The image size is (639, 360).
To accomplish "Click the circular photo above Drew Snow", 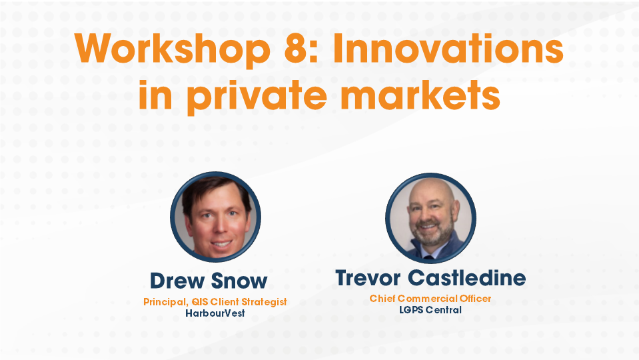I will tap(215, 217).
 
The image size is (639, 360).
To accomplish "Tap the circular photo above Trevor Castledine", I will tap(430, 217).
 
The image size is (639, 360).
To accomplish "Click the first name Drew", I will tap(175, 281).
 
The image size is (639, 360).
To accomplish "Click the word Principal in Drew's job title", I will tap(164, 302).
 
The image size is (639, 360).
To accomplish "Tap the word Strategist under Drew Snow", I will tap(263, 302).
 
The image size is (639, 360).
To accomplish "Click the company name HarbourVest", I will tap(215, 313).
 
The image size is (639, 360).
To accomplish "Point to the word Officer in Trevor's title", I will tap(474, 299).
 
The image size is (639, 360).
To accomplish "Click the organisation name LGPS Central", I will tap(430, 309).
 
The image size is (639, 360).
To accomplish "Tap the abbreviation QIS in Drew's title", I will tap(198, 302).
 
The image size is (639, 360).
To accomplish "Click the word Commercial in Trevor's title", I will tap(426, 299).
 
